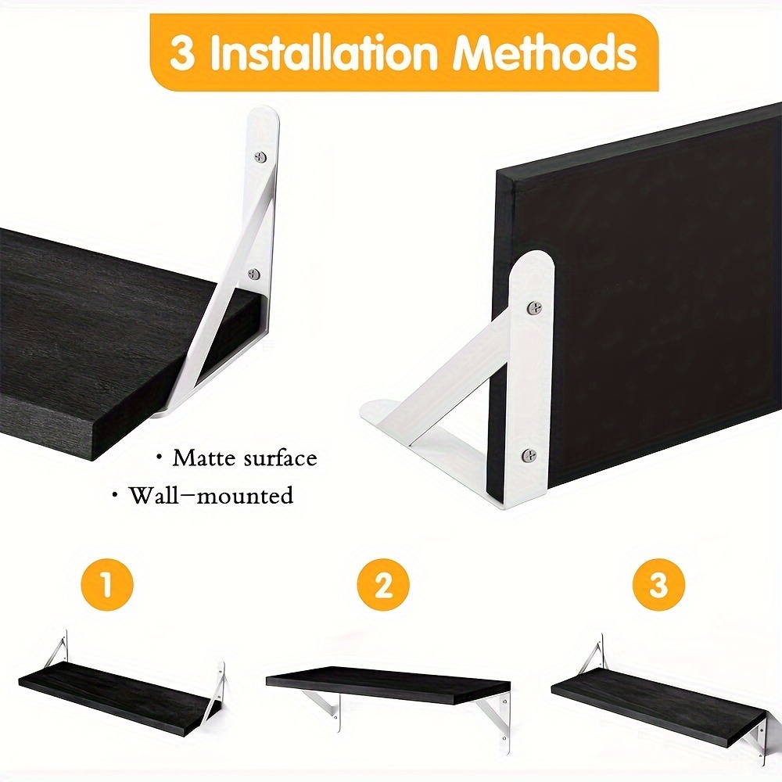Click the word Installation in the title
tap(326, 53)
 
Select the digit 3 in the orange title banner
tap(181, 54)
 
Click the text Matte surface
tap(245, 457)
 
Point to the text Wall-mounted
tap(211, 495)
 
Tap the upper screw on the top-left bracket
tap(260, 158)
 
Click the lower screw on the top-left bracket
tap(254, 274)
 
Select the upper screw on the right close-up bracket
tap(534, 309)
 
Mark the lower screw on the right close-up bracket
tap(529, 454)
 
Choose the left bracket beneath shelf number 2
tap(328, 705)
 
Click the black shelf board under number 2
tap(387, 683)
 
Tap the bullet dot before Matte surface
tap(159, 457)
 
